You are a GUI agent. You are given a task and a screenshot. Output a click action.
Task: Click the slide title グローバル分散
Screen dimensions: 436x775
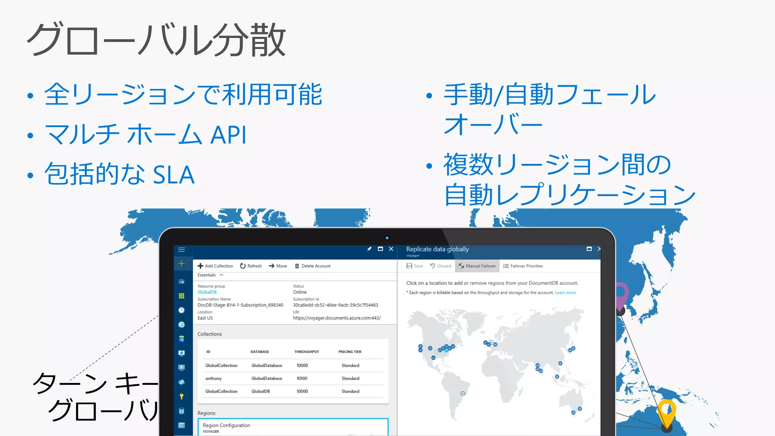coord(156,40)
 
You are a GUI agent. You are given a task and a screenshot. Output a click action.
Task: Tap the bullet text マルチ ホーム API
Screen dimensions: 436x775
coord(146,135)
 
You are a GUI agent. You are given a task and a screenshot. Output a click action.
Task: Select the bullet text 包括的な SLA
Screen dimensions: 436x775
coord(120,174)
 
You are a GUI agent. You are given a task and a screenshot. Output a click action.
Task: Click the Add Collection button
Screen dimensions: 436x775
coord(215,266)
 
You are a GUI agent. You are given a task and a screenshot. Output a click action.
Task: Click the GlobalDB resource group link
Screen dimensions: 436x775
coord(207,292)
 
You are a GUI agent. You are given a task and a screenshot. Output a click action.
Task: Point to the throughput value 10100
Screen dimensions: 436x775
coord(302,378)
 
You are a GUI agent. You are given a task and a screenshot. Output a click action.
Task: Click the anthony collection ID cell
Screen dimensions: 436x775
coord(213,378)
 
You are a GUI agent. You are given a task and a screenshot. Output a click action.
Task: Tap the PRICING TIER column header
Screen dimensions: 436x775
coord(350,352)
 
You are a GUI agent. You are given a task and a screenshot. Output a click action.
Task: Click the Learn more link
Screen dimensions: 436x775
coord(565,293)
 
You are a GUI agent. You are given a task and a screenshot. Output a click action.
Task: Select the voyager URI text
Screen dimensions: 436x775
coord(337,318)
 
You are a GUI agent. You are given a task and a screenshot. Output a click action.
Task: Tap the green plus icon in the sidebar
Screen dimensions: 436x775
coord(182,264)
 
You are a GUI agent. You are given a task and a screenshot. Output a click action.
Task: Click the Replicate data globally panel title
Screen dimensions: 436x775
coord(437,249)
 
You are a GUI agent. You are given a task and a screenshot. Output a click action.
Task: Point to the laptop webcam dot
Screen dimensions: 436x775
coord(387,238)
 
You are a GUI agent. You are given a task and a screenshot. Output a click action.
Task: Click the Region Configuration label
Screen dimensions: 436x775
coord(226,425)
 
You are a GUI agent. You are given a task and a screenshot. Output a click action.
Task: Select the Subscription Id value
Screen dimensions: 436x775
coord(335,305)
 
